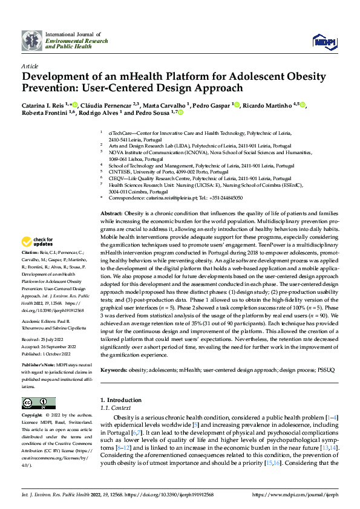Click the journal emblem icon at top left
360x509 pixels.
31,41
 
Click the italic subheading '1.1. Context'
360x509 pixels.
111,409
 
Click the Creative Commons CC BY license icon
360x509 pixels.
39,403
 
